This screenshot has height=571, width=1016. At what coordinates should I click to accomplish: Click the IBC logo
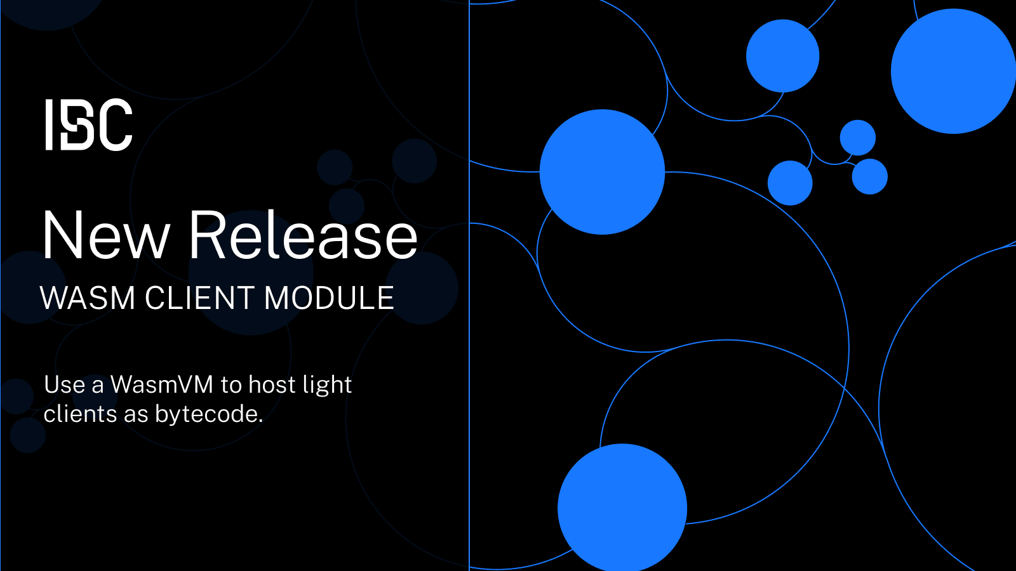89,125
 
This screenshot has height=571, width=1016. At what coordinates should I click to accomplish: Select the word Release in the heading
303,236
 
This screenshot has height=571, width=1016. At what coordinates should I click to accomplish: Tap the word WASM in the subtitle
88,298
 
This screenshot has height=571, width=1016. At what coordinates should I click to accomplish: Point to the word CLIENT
199,298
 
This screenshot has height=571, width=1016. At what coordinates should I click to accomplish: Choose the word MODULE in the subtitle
329,298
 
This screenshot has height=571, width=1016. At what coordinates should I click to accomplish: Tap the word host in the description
272,385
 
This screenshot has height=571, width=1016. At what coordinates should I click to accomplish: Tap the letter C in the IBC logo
116,125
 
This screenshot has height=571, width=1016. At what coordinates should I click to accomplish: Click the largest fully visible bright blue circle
602,172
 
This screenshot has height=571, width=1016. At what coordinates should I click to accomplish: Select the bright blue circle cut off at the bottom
622,507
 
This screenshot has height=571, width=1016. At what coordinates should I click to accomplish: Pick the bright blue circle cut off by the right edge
952,71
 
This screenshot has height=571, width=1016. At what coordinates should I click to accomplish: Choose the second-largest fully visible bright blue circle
782,56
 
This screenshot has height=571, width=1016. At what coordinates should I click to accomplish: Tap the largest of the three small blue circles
790,183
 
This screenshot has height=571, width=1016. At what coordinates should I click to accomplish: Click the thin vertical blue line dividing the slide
469,381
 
